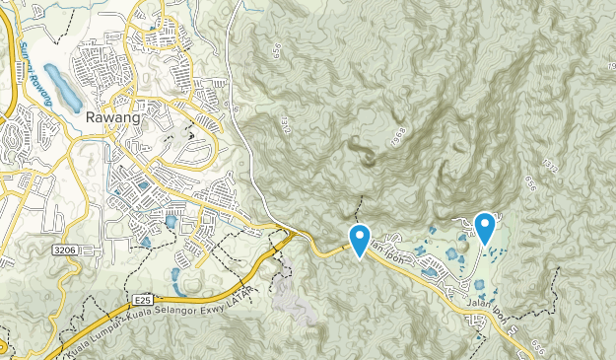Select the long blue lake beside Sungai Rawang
click(61, 87)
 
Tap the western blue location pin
click(360, 239)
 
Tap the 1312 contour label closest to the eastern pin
click(549, 170)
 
